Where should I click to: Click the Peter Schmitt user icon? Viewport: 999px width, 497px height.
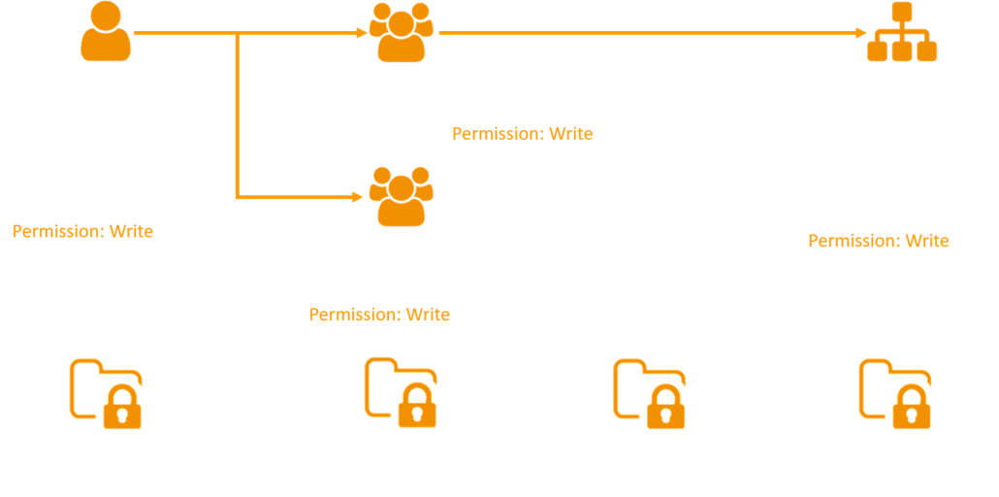[x=105, y=32]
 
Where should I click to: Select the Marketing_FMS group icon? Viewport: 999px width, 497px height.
[x=401, y=32]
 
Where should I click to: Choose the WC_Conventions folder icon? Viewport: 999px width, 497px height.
[x=401, y=393]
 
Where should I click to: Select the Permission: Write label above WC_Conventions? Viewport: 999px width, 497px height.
[x=379, y=315]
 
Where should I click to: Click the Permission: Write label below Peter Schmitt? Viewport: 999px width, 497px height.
[x=82, y=231]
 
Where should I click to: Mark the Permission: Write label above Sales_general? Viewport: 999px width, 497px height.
[x=878, y=241]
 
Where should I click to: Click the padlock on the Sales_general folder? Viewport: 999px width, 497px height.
[x=910, y=409]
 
